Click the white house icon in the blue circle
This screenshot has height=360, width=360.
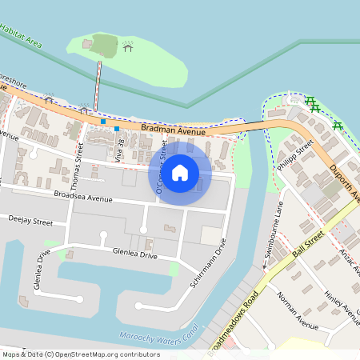coord(180,172)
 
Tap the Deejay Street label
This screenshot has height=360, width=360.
coord(30,218)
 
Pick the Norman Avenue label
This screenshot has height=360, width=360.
coord(297,311)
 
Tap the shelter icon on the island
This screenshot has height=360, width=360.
coord(128,48)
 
